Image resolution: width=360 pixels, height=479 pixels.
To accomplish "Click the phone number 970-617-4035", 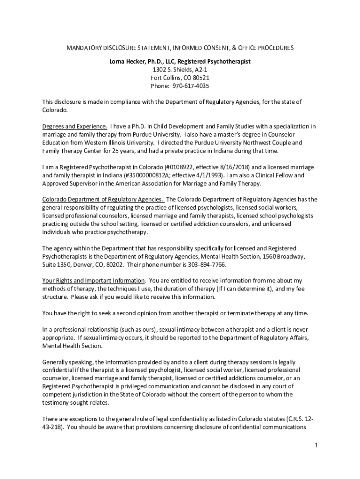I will point(190,86).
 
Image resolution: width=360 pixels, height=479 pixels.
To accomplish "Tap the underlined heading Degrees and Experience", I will point(75,126).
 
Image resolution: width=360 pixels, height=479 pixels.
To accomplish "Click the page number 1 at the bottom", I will point(316,445).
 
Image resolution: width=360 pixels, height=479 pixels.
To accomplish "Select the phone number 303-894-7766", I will point(206,264).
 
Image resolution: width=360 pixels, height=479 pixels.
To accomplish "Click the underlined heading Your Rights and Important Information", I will point(94,280).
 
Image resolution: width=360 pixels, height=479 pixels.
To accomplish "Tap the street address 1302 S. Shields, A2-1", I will point(180,69).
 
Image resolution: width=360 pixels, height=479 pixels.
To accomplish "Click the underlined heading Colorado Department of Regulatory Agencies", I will point(103,199).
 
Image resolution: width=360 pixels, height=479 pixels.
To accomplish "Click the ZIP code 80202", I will point(114,264).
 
